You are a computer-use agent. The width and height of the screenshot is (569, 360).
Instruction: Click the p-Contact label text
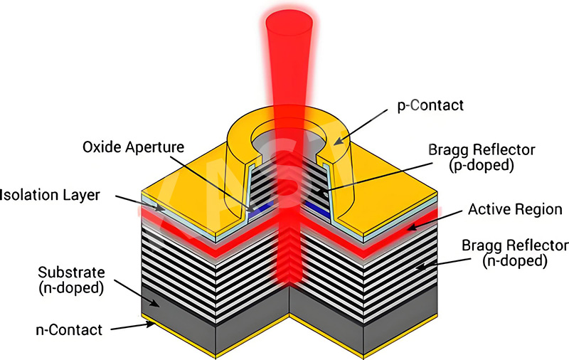430,105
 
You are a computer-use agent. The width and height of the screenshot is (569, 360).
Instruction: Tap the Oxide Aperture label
133,147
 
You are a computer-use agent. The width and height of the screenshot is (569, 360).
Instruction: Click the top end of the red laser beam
289,21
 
